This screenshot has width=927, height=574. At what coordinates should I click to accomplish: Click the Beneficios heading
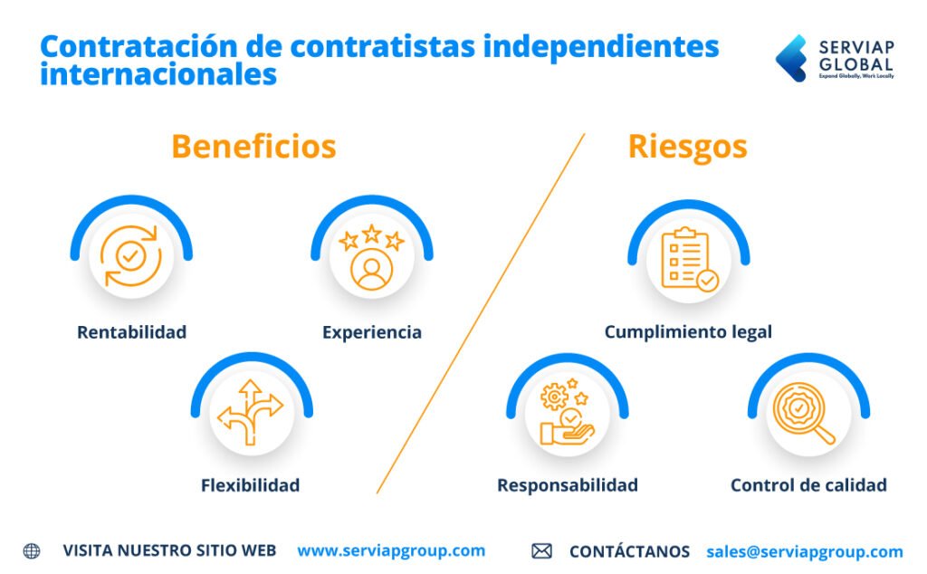coord(253,147)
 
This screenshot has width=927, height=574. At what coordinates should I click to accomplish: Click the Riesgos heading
coord(687,147)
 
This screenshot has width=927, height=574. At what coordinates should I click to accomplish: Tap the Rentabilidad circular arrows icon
coord(131,256)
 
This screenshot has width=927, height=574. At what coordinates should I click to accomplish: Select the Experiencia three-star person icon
coord(371,257)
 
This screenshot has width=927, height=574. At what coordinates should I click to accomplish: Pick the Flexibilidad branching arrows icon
coord(251,413)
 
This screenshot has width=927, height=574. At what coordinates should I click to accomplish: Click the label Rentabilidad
coord(131,332)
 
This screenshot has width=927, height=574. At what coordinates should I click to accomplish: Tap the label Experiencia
coord(371,332)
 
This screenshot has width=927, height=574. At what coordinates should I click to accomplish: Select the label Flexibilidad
coord(250,485)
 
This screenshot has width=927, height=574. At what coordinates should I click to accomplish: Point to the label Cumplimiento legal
coord(688,332)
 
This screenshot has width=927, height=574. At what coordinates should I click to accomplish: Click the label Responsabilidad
coord(567,485)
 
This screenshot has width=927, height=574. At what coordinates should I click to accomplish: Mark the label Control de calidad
coord(808,485)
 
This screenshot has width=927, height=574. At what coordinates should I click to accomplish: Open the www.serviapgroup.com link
coord(391,550)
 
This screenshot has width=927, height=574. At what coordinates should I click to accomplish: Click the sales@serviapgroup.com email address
coord(804,551)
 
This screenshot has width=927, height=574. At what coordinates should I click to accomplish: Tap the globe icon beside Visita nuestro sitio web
coord(32,550)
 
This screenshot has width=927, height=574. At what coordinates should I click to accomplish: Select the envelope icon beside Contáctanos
coord(541,551)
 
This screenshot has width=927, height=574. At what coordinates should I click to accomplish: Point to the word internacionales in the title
coord(158,74)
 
